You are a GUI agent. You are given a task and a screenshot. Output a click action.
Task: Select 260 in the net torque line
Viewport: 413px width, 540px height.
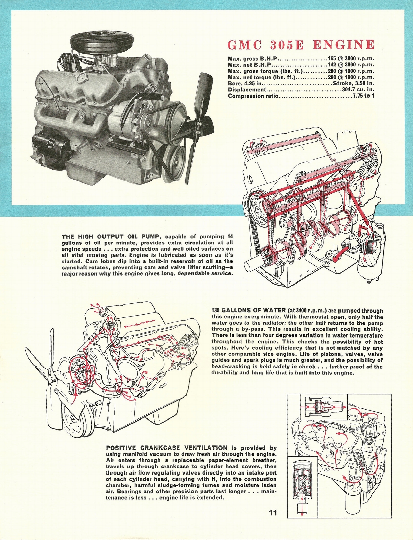332,77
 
